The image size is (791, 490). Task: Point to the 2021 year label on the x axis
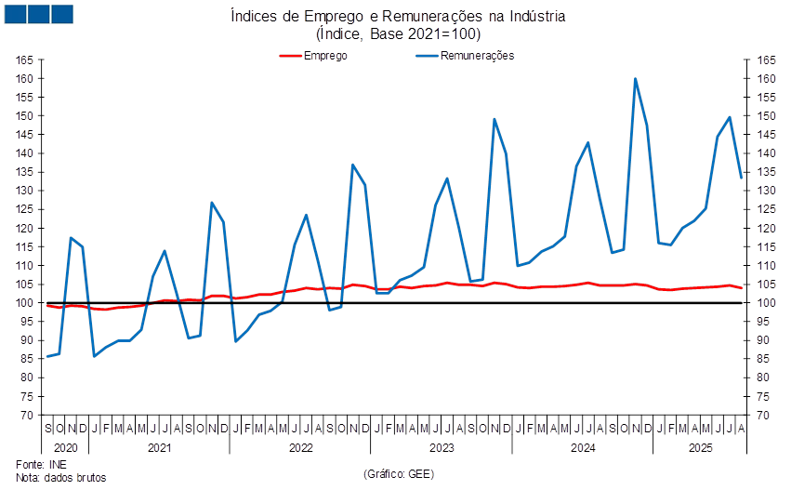tap(159, 448)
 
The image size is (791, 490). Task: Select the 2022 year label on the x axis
tap(299, 448)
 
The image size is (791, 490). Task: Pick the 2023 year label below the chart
tap(441, 448)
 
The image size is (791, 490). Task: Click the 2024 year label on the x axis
tap(582, 448)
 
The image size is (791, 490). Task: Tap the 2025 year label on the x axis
tap(699, 448)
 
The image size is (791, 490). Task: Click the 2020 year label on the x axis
tap(53, 448)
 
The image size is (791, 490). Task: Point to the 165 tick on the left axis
tap(25, 60)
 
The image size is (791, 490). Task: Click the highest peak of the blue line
tap(636, 79)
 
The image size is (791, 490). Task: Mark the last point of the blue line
tap(742, 177)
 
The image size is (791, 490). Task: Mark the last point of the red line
tap(742, 288)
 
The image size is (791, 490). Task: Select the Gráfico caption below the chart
tap(399, 473)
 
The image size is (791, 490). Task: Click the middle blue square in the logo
tap(38, 14)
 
